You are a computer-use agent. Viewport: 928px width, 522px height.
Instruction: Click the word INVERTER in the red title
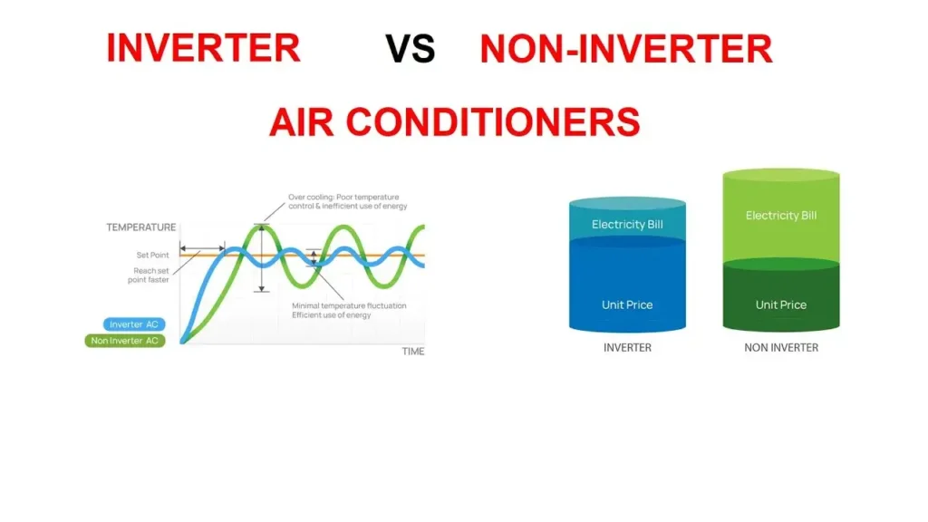pos(203,47)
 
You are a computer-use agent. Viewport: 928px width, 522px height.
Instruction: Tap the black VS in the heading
pos(411,49)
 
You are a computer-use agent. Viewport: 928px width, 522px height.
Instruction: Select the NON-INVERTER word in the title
pos(626,49)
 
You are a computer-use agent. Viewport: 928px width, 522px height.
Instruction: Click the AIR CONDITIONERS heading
pos(454,121)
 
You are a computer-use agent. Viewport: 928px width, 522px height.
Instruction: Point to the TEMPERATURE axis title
pos(140,227)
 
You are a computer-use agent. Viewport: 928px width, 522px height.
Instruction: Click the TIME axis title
pos(412,352)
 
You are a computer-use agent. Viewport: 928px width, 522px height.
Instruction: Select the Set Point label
pos(152,256)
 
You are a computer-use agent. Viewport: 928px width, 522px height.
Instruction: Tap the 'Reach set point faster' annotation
pos(149,275)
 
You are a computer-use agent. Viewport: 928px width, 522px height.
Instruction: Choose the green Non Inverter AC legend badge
pos(126,341)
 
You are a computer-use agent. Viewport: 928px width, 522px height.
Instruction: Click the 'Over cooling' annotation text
pos(347,201)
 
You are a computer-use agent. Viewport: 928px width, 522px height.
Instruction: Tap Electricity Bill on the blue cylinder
pos(627,224)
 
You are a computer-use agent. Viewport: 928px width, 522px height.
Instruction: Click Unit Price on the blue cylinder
pos(627,304)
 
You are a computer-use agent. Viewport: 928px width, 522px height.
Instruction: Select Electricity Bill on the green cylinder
pos(781,216)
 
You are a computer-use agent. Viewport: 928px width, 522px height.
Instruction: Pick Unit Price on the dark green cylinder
pos(781,304)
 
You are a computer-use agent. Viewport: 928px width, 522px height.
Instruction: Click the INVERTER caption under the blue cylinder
pos(627,348)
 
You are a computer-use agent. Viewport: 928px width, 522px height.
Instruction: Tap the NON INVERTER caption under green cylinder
pos(781,348)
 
